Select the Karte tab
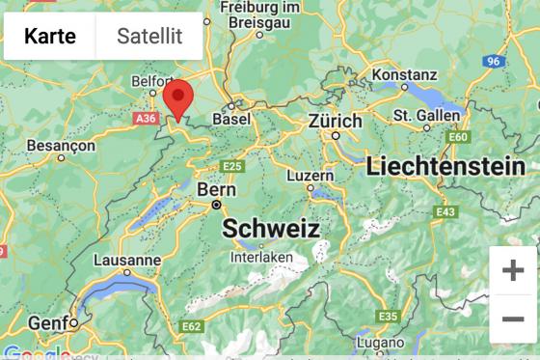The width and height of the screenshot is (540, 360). [x=50, y=37]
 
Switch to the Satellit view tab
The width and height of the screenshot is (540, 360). [x=149, y=37]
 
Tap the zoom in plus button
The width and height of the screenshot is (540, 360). [x=513, y=270]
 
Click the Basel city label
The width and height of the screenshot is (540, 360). [x=230, y=118]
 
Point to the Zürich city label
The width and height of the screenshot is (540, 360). [x=335, y=122]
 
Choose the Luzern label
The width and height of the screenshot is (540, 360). [x=310, y=176]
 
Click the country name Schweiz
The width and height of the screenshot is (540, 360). [x=271, y=229]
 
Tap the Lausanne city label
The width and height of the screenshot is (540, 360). [x=127, y=260]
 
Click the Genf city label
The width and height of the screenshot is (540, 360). [x=47, y=322]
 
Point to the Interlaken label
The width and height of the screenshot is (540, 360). [x=261, y=258]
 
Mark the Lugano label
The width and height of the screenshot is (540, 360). [x=379, y=343]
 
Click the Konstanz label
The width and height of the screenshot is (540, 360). [x=404, y=74]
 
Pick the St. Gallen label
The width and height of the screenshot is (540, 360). [x=426, y=115]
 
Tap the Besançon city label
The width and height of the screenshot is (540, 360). [x=61, y=145]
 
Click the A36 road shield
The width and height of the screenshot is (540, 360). [x=145, y=118]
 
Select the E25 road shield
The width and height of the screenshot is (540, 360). [x=232, y=167]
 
